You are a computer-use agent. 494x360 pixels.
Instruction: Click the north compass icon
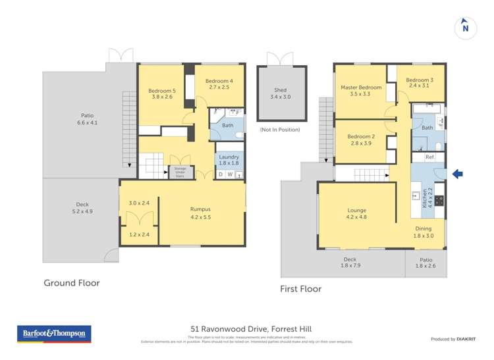[x=465, y=27]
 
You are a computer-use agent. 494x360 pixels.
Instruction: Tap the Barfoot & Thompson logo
[x=54, y=334]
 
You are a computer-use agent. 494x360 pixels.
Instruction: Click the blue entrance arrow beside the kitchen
[x=458, y=174]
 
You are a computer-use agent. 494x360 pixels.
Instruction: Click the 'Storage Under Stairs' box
[x=179, y=171]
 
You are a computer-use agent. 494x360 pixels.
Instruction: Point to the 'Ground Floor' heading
[x=72, y=283]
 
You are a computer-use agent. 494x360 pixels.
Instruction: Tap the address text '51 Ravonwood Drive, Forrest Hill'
[x=247, y=329]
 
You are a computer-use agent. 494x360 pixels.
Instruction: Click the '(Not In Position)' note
[x=280, y=130]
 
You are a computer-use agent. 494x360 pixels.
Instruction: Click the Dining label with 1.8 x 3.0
[x=424, y=232]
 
